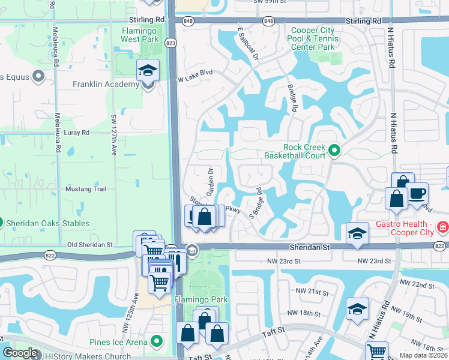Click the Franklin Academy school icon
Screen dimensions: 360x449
pyautogui.click(x=148, y=71)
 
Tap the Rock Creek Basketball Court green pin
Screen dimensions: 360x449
pyautogui.click(x=334, y=151)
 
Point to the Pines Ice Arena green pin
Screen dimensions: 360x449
pyautogui.click(x=157, y=342)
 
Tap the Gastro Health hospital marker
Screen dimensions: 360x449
pyautogui.click(x=442, y=227)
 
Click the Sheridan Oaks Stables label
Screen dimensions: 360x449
pyautogui.click(x=48, y=224)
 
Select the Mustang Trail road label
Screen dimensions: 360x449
pyautogui.click(x=89, y=189)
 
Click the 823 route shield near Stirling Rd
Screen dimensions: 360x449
pyautogui.click(x=172, y=43)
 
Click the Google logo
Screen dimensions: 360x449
pyautogui.click(x=20, y=353)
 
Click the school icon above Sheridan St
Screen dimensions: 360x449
pyautogui.click(x=357, y=233)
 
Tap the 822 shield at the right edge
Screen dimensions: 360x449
pyautogui.click(x=439, y=247)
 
